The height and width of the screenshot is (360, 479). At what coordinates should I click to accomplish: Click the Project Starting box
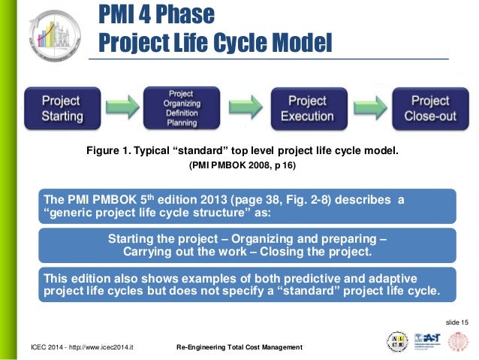click(62, 108)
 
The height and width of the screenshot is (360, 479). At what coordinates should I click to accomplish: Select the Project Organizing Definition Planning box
click(180, 108)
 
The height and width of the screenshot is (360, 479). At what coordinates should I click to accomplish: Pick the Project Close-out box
click(430, 108)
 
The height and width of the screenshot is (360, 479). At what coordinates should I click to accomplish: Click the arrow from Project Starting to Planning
click(120, 108)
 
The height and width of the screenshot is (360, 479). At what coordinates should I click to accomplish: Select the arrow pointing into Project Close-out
click(369, 108)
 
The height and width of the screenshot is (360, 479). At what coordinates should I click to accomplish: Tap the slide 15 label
click(456, 322)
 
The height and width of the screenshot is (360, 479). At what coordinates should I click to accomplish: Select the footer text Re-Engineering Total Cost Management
click(239, 347)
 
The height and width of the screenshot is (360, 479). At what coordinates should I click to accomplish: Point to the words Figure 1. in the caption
click(107, 152)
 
